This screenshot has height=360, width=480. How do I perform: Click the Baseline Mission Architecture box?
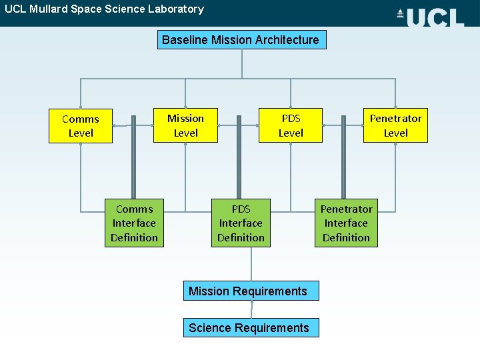coord(241,40)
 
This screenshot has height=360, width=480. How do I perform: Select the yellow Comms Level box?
coord(80,126)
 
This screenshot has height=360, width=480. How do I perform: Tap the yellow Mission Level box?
coord(185,125)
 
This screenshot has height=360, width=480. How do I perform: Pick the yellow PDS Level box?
coord(291,125)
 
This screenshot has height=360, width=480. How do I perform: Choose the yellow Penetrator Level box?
coord(395,125)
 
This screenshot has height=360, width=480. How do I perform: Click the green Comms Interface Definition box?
coord(134,223)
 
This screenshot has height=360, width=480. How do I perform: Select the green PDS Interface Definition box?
coord(241,223)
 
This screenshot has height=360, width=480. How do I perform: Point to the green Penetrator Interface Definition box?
coord(346,223)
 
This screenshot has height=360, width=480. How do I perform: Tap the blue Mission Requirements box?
coord(251,291)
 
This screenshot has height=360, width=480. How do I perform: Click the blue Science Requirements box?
coord(251,327)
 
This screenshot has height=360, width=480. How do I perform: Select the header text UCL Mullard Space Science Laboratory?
coord(104,9)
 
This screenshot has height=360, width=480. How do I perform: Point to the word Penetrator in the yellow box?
coord(395,119)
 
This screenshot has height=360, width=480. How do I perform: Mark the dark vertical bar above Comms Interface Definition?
coord(133,156)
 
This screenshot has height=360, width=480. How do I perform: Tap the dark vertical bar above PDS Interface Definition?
coord(239,156)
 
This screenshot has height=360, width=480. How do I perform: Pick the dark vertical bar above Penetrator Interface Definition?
coord(344,156)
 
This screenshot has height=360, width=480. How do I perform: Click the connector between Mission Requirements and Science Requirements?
coord(251,309)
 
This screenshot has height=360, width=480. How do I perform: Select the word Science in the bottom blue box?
coord(209,327)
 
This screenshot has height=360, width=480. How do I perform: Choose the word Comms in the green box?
coord(134,209)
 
